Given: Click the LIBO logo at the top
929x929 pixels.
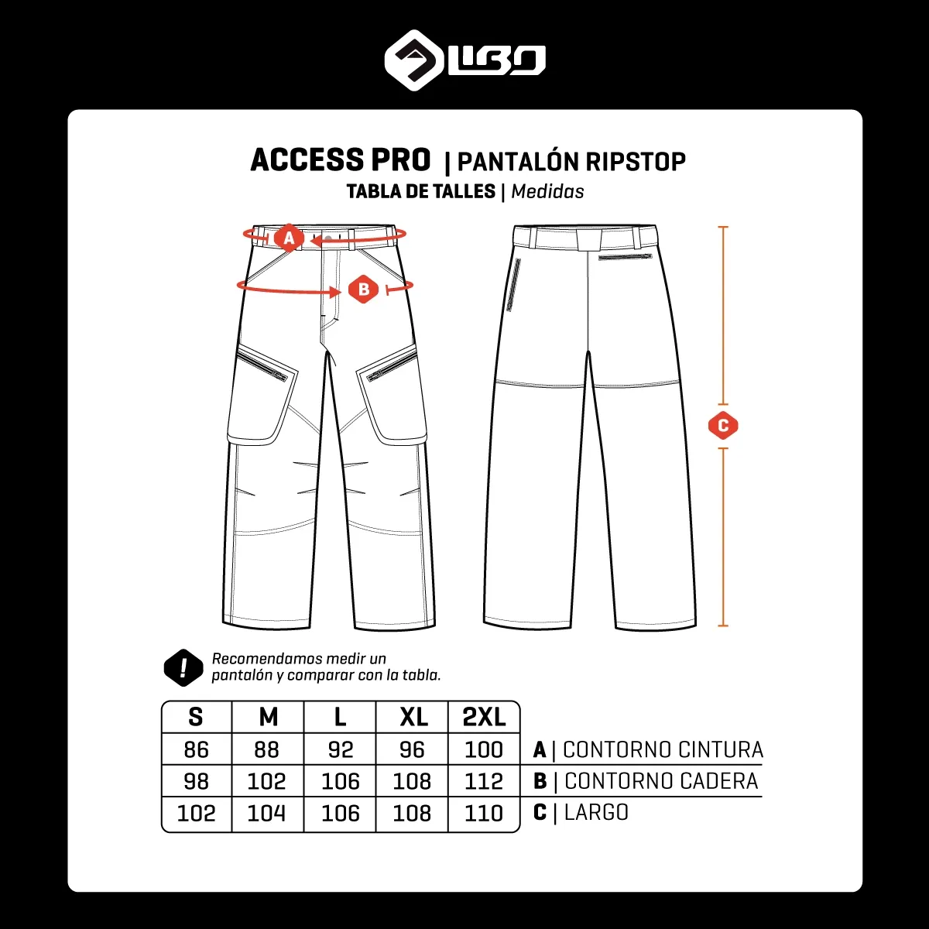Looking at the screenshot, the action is (x=464, y=60).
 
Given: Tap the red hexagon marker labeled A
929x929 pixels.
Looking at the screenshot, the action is (x=289, y=238).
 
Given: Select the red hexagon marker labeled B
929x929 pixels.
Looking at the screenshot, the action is (x=363, y=289).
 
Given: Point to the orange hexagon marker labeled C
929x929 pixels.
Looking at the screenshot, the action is (x=723, y=426).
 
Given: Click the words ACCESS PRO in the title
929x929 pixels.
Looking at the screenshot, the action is (x=341, y=160).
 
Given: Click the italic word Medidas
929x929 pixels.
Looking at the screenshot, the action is (x=547, y=192).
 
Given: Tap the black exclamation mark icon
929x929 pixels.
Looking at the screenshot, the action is (x=183, y=667).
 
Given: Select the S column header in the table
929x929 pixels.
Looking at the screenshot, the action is (x=196, y=718).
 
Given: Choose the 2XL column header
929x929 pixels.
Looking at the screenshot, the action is (x=484, y=718).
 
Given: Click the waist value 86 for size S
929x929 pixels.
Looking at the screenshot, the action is (x=196, y=749).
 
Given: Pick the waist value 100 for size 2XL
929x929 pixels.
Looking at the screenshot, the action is (x=484, y=749).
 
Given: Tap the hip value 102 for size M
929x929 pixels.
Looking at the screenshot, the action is (x=266, y=781).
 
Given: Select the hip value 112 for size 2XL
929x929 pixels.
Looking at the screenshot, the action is (x=484, y=781).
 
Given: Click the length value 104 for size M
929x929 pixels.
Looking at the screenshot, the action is (x=266, y=814).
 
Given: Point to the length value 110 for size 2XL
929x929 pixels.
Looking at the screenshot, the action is (x=484, y=814).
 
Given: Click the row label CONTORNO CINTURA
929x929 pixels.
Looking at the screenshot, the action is (x=663, y=749).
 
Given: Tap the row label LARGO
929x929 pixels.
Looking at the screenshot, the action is (x=596, y=812).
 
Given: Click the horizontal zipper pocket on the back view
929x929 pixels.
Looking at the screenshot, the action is (x=626, y=258).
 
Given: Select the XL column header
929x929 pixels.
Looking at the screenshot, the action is (x=413, y=718).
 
